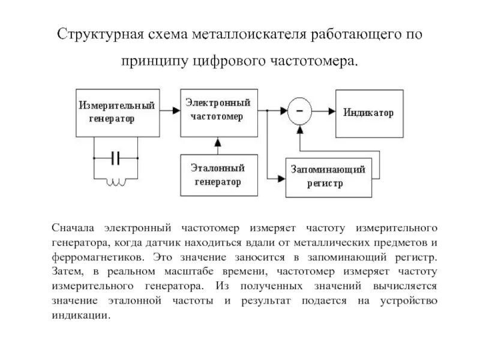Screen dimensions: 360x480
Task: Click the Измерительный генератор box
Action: [x=116, y=113]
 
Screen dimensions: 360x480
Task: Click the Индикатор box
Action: [x=368, y=112]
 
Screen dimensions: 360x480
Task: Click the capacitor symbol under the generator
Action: [x=116, y=158]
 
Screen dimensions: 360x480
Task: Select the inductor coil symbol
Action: [x=116, y=182]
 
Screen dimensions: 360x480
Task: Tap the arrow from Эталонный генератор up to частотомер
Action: [x=218, y=145]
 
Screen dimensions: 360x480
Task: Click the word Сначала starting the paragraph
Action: [x=75, y=228]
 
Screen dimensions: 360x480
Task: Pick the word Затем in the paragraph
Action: [x=65, y=272]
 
